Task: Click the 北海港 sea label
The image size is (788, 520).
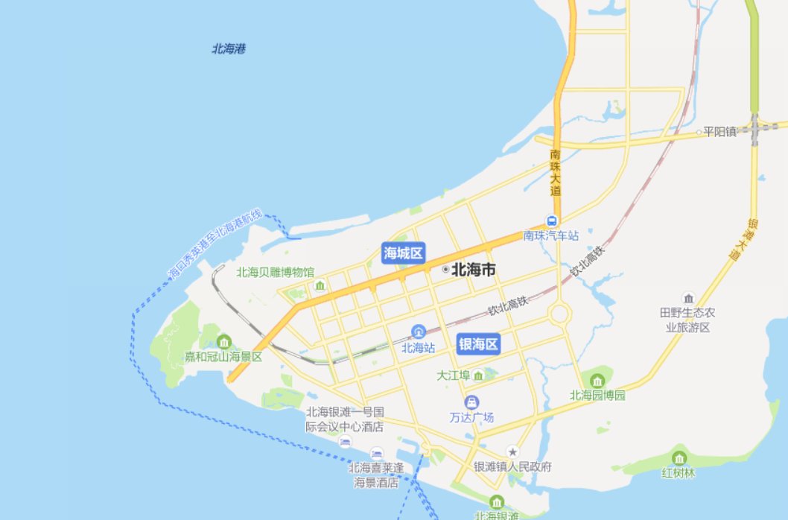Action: click(229, 49)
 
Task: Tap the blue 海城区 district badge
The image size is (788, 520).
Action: click(403, 253)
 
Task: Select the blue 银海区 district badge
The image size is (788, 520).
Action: click(477, 343)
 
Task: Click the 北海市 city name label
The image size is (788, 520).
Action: click(473, 270)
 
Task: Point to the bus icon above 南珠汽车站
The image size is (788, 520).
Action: click(552, 221)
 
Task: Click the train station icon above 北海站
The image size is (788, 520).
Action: click(419, 332)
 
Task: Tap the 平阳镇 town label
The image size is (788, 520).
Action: click(719, 132)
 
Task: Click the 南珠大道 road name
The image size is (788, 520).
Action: click(555, 172)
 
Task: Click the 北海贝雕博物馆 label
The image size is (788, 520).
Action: click(275, 272)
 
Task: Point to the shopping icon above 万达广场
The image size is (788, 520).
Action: click(472, 402)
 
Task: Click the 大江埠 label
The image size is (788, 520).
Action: click(454, 375)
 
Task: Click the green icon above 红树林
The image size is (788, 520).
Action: click(679, 457)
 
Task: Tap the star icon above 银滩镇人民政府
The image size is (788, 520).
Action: click(512, 451)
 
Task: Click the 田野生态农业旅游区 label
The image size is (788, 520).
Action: click(688, 320)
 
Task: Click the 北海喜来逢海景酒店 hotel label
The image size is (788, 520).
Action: click(376, 475)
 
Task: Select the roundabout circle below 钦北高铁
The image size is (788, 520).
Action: click(559, 314)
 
